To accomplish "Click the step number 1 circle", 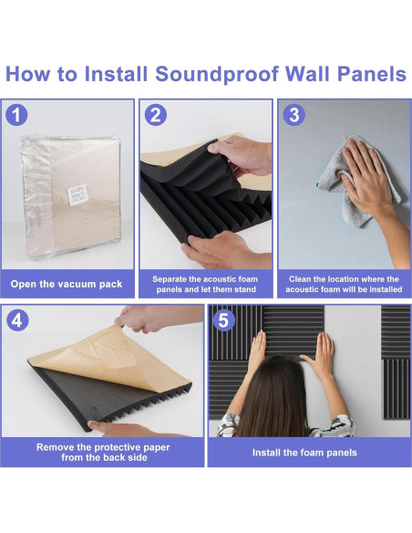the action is point(15,115).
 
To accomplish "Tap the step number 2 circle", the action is point(156,115).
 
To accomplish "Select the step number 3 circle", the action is point(294,115).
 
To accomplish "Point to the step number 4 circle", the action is point(17,320).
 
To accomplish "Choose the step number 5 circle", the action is point(223,320).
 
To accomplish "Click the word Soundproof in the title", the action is point(217,74).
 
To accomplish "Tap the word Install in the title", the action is point(116,73).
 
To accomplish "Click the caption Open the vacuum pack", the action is point(67,284).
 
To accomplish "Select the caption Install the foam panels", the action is point(304,453).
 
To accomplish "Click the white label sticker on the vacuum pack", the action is point(77,194).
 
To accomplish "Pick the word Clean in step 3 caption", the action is point(300,279).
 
